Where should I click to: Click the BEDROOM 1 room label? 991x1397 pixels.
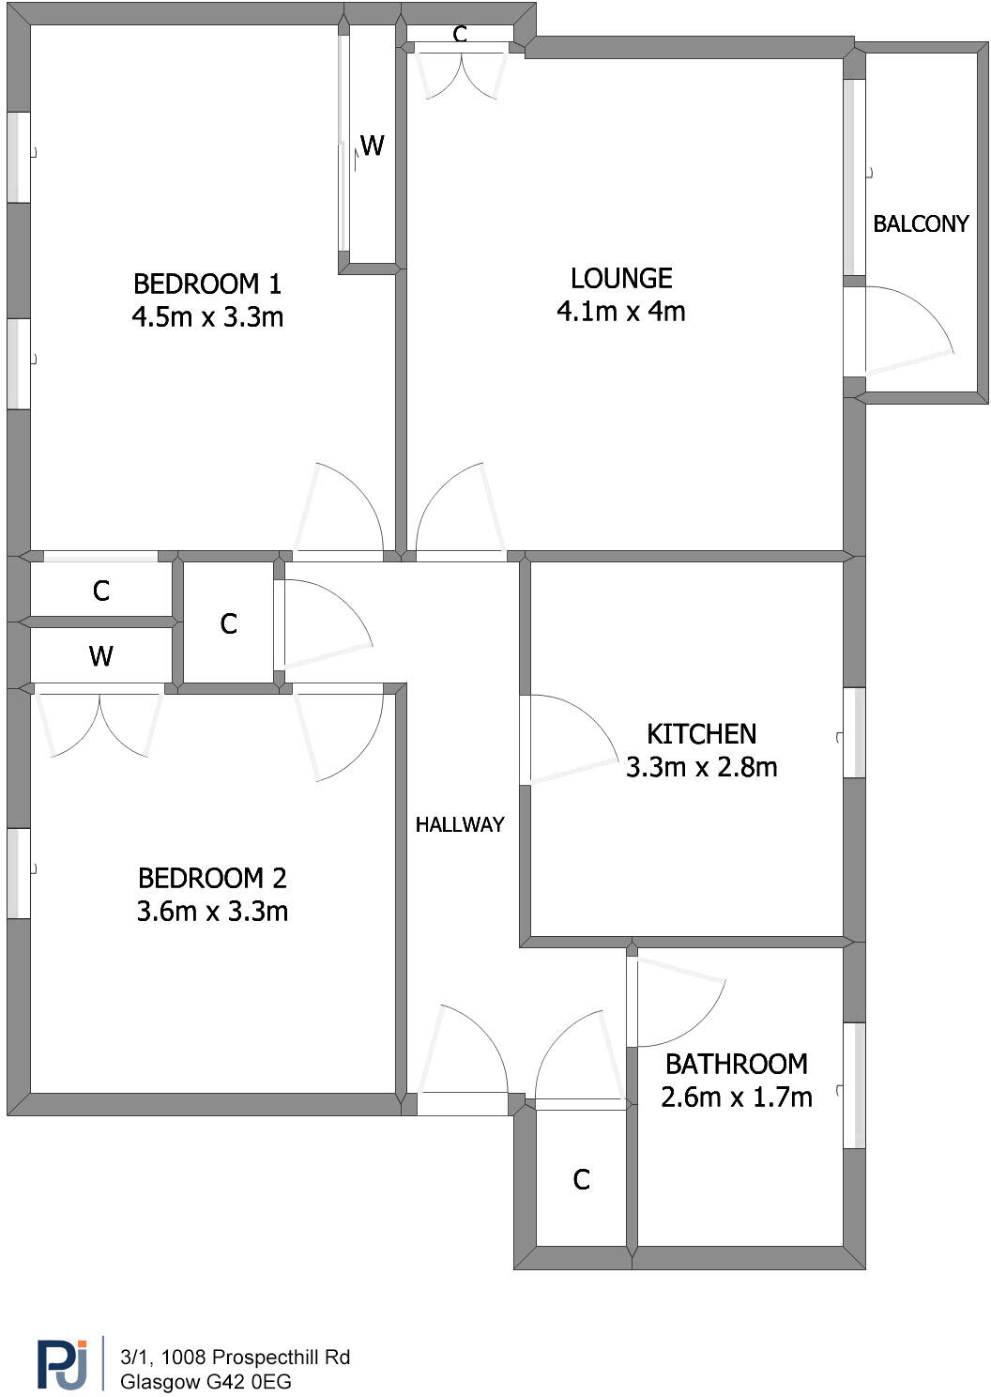coord(207,284)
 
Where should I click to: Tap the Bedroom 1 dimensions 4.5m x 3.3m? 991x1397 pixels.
coord(207,317)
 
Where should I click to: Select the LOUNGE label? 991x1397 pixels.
coord(621,278)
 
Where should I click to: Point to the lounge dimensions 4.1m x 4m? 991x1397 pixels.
coord(621,311)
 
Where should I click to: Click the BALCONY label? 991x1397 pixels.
coord(921,223)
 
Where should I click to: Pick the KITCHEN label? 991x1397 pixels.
coord(701,733)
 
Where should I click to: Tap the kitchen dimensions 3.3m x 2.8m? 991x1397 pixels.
coord(701,767)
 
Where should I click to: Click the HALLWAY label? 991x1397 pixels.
coord(460,824)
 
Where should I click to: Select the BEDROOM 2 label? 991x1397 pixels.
coord(212,878)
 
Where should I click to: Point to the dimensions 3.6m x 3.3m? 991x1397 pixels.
coord(212,912)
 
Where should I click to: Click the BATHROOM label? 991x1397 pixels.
coord(736,1064)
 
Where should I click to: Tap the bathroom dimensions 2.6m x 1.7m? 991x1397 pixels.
coord(736,1097)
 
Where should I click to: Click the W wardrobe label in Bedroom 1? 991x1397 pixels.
coord(372,146)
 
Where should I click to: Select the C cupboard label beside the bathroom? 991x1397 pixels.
coord(581,1179)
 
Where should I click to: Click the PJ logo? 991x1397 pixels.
coord(62,1365)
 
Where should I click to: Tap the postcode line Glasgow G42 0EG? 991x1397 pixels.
coord(206,1382)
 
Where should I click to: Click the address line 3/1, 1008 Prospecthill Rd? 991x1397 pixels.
coord(235,1357)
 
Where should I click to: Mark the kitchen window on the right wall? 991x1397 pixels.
coord(854,733)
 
